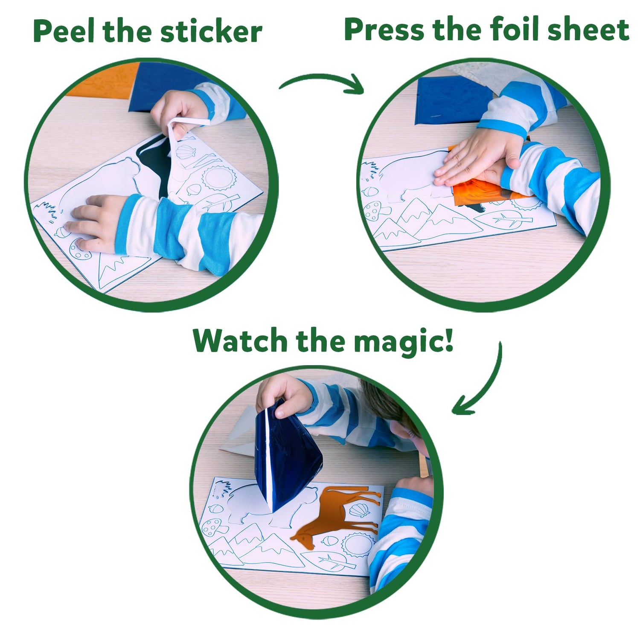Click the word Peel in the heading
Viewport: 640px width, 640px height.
pyautogui.click(x=64, y=32)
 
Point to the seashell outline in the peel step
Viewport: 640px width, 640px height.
pyautogui.click(x=186, y=151)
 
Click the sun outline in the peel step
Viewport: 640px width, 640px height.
pyautogui.click(x=218, y=179)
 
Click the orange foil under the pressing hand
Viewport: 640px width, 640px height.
pyautogui.click(x=478, y=192)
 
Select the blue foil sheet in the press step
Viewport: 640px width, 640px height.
pyautogui.click(x=448, y=102)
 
